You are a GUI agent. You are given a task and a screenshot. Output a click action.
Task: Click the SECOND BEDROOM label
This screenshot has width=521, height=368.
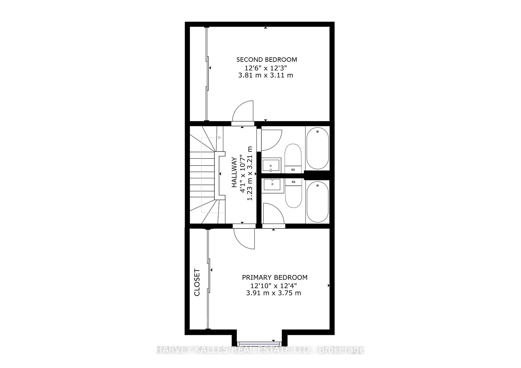pos(266,60)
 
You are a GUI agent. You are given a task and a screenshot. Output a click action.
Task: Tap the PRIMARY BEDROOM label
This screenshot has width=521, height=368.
pos(275,277)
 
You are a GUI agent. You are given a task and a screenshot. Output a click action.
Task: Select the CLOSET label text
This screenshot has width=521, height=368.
pos(197,282)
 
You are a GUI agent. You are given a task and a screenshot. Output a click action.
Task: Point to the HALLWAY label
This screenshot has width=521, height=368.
pos(234,172)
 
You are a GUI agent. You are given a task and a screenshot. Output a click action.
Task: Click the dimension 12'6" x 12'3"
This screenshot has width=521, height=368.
pos(266,67)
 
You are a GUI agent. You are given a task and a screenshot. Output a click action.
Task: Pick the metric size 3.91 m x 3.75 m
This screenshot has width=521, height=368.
pos(274,293)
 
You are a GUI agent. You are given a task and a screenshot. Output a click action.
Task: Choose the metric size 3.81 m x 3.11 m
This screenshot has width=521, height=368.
pos(266,75)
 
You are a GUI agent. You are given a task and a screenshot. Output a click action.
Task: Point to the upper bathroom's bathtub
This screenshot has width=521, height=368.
pos(317,148)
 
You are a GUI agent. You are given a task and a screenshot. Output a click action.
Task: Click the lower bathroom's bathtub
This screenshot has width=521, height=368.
pos(317,202)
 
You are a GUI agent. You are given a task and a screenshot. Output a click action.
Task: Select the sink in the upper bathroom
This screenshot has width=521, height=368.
pos(271,165)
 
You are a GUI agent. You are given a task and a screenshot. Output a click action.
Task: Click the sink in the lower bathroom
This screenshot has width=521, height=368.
pos(273,185)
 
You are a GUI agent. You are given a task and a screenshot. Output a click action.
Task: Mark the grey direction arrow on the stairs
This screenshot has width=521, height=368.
pos(219,138)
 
